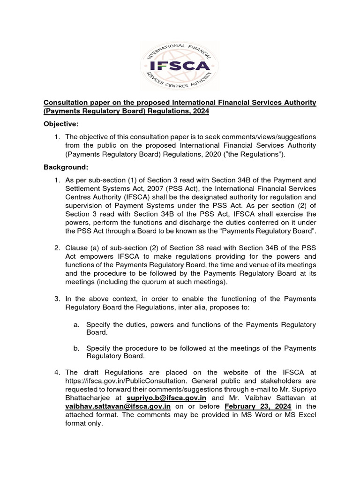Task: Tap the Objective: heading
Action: coord(61,124)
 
